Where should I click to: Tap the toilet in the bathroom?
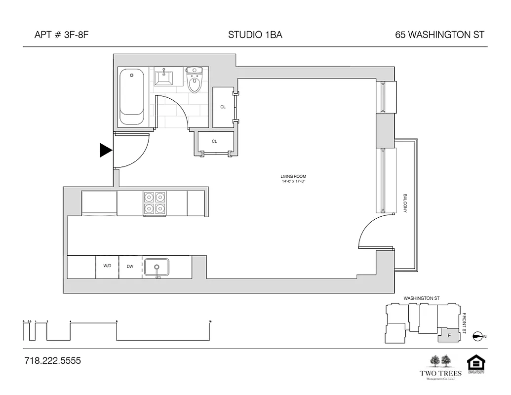195,81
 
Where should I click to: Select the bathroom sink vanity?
164,78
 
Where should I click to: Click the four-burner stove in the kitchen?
154,203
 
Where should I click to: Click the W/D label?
107,266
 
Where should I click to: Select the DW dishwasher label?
130,266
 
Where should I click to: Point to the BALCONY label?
405,203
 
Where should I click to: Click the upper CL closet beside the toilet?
223,107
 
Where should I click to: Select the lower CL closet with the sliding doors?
214,142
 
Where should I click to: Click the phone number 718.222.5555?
52,361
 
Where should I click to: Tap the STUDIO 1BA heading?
255,35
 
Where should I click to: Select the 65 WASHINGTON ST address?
439,35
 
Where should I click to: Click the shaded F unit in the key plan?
449,335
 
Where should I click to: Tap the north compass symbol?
477,336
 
